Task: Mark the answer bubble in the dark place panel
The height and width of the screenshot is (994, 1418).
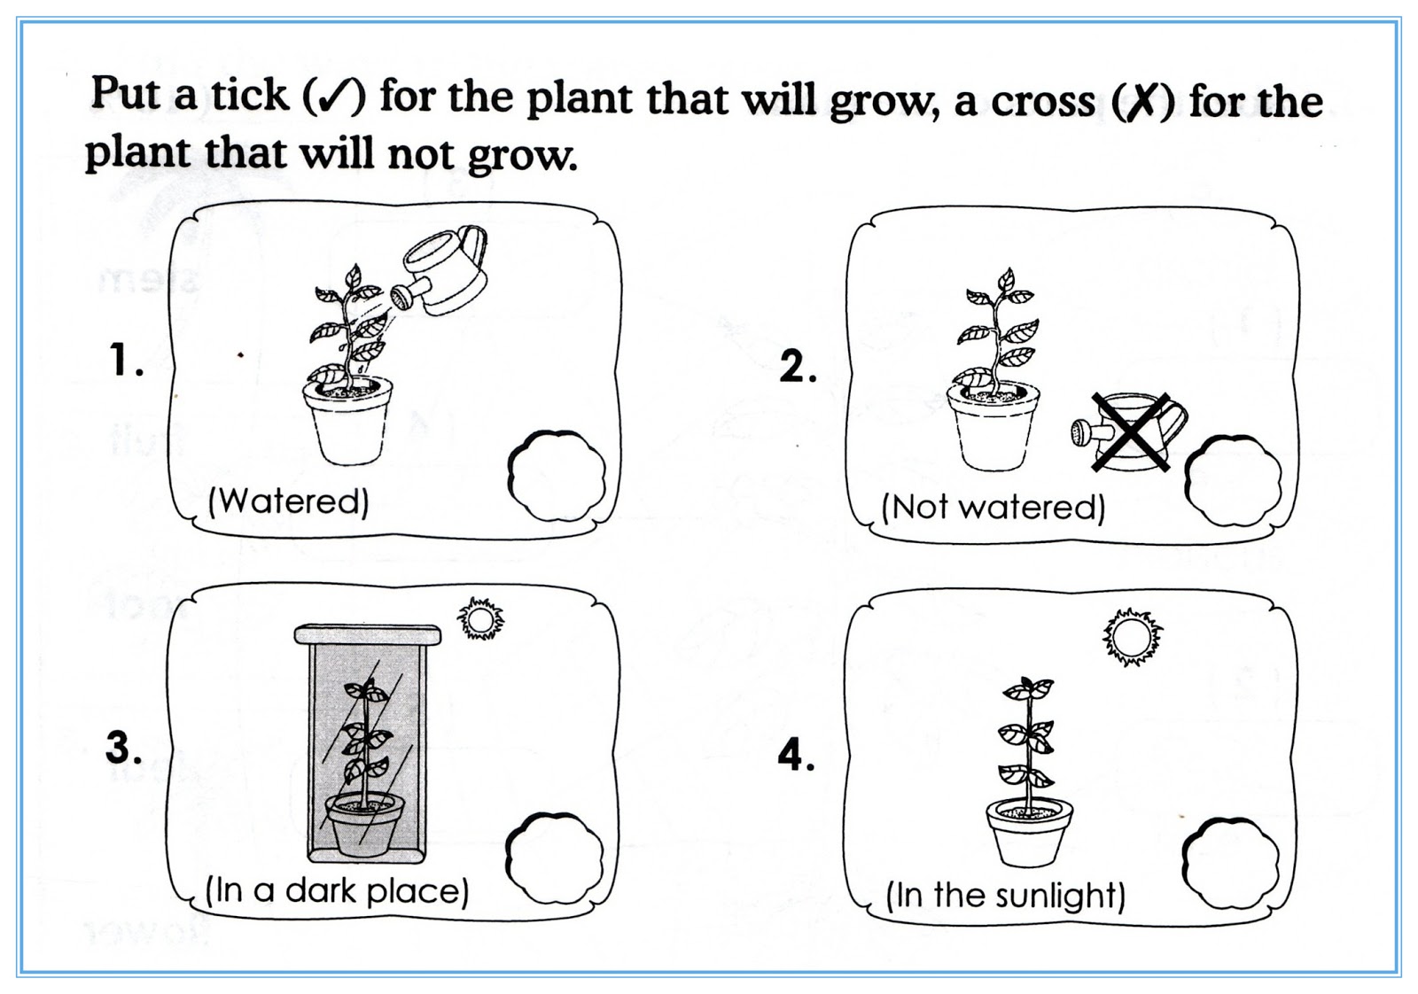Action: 554,858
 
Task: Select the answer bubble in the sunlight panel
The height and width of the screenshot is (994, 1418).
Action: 1231,864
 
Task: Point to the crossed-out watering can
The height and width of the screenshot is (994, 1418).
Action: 1129,431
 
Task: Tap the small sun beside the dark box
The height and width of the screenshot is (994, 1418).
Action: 480,619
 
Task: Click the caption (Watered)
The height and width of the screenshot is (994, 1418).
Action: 288,502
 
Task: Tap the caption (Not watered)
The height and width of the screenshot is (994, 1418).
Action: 993,508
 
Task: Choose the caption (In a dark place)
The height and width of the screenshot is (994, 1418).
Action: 337,890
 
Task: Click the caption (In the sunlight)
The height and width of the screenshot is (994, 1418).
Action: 1006,896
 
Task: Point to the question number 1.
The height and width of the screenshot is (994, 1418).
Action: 125,361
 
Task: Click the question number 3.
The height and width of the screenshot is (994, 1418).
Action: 123,748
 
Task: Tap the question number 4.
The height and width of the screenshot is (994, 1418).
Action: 795,756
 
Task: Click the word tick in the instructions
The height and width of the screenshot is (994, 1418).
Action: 250,95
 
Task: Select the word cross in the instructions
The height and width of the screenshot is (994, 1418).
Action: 1042,101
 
